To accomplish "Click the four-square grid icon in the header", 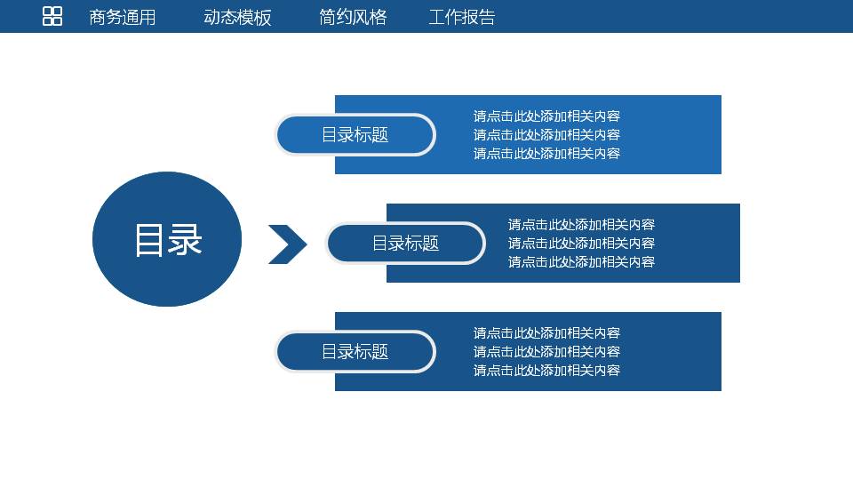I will coord(52,16).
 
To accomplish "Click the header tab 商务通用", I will coord(123,17).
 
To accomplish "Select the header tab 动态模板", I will coord(237,17).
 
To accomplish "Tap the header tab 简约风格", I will coord(353,17).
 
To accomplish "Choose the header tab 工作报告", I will coord(462,17).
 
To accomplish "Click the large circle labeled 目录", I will coord(167,239).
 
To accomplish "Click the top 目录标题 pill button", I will coord(355,135).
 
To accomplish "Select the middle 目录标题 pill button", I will coord(405,244).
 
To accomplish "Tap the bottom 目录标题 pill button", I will coord(355,352).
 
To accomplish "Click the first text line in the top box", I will coord(546,116).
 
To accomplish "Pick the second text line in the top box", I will coord(546,135).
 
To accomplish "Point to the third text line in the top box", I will coord(546,154).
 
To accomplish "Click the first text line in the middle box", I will coord(581,225).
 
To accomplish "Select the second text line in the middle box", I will coord(581,244).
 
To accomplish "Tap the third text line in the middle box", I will coord(581,262).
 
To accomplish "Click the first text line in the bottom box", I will coord(546,333).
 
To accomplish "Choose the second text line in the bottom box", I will coord(546,352).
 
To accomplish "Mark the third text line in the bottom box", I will coord(546,371).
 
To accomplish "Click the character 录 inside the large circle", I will coord(186,240).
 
